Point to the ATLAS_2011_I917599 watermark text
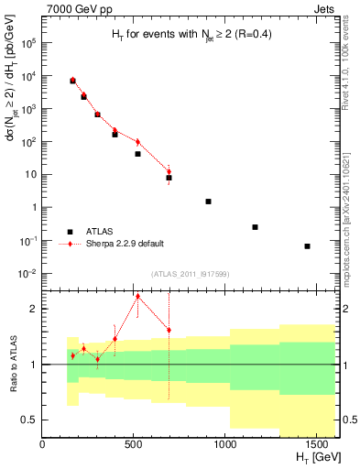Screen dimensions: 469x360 (189, 275)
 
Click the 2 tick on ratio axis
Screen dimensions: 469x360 (34, 309)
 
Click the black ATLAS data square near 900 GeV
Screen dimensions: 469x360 (209, 202)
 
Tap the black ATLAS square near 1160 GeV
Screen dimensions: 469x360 (255, 227)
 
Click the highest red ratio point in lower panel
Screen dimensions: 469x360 (137, 296)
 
